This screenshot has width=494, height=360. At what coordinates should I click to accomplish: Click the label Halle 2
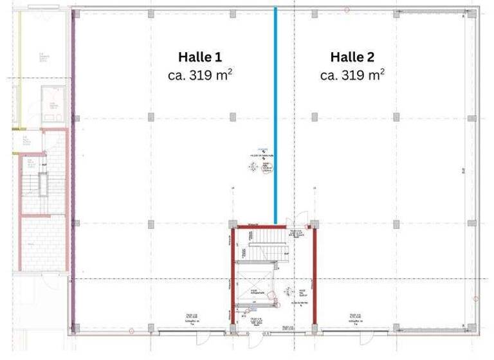tap(352, 57)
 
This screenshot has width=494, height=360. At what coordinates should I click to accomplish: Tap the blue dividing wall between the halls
tap(276, 116)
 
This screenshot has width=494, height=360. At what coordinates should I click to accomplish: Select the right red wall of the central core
tap(314, 276)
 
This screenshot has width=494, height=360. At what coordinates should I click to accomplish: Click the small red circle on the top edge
tap(347, 10)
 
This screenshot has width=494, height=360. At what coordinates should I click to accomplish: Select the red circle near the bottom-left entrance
tap(133, 330)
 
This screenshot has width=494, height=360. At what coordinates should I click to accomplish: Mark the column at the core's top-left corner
tap(233, 226)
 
